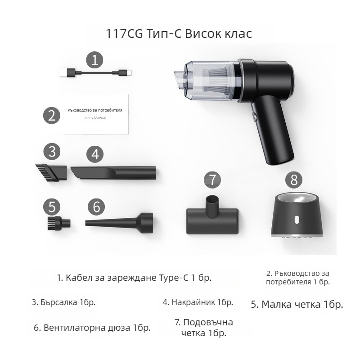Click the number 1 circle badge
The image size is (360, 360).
(94, 60)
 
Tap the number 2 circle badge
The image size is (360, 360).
(52, 115)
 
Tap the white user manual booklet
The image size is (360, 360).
(95, 114)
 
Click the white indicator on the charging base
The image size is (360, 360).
(297, 220)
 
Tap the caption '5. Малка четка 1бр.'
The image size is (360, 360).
(297, 305)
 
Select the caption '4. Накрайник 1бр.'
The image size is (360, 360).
(198, 302)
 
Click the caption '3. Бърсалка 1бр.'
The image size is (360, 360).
(63, 302)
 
